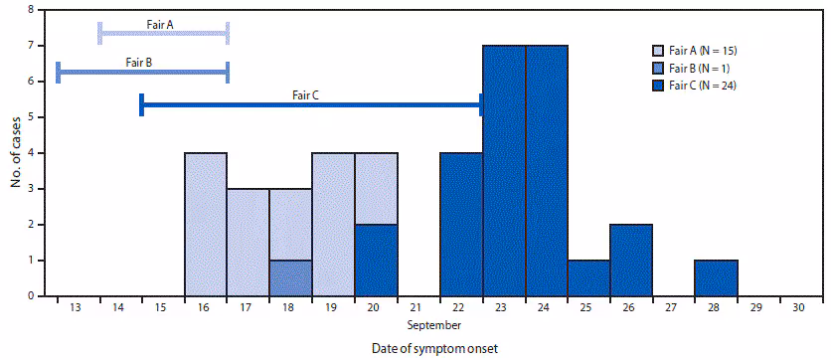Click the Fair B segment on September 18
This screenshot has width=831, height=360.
291,277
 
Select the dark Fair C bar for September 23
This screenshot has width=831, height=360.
504,170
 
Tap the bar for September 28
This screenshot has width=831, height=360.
717,277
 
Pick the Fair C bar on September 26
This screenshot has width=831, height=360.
631,260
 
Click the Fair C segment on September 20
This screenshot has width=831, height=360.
376,260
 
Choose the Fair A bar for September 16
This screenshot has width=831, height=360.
206,224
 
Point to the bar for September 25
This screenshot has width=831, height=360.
588,277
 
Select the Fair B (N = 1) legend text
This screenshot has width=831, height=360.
708,69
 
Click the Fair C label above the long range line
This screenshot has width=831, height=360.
305,95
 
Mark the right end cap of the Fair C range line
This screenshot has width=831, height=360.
482,104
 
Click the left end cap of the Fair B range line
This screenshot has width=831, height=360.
59,72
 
